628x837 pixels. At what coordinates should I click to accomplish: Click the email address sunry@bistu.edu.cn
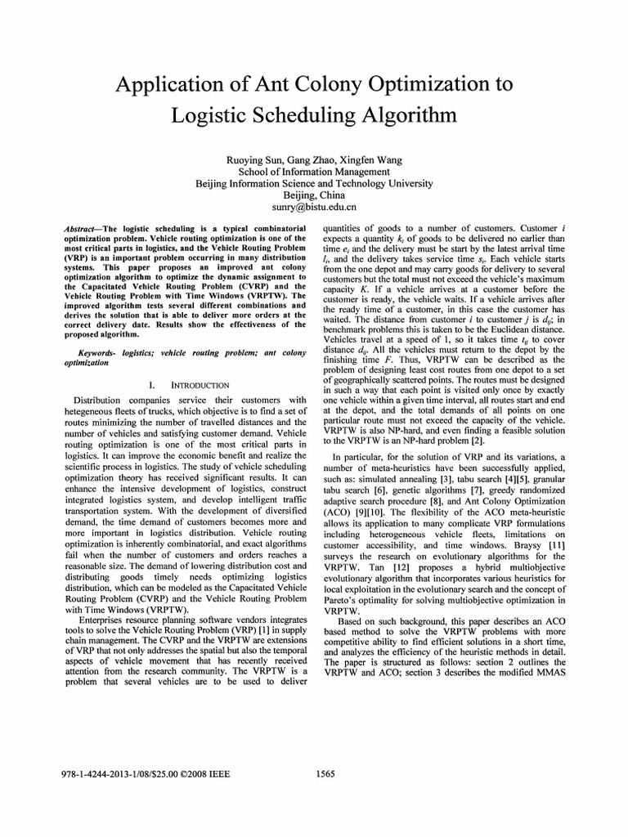point(314,208)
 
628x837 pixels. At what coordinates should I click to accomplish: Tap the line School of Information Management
point(314,172)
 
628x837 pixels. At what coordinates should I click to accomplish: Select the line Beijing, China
point(314,196)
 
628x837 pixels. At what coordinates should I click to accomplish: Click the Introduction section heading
point(200,384)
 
